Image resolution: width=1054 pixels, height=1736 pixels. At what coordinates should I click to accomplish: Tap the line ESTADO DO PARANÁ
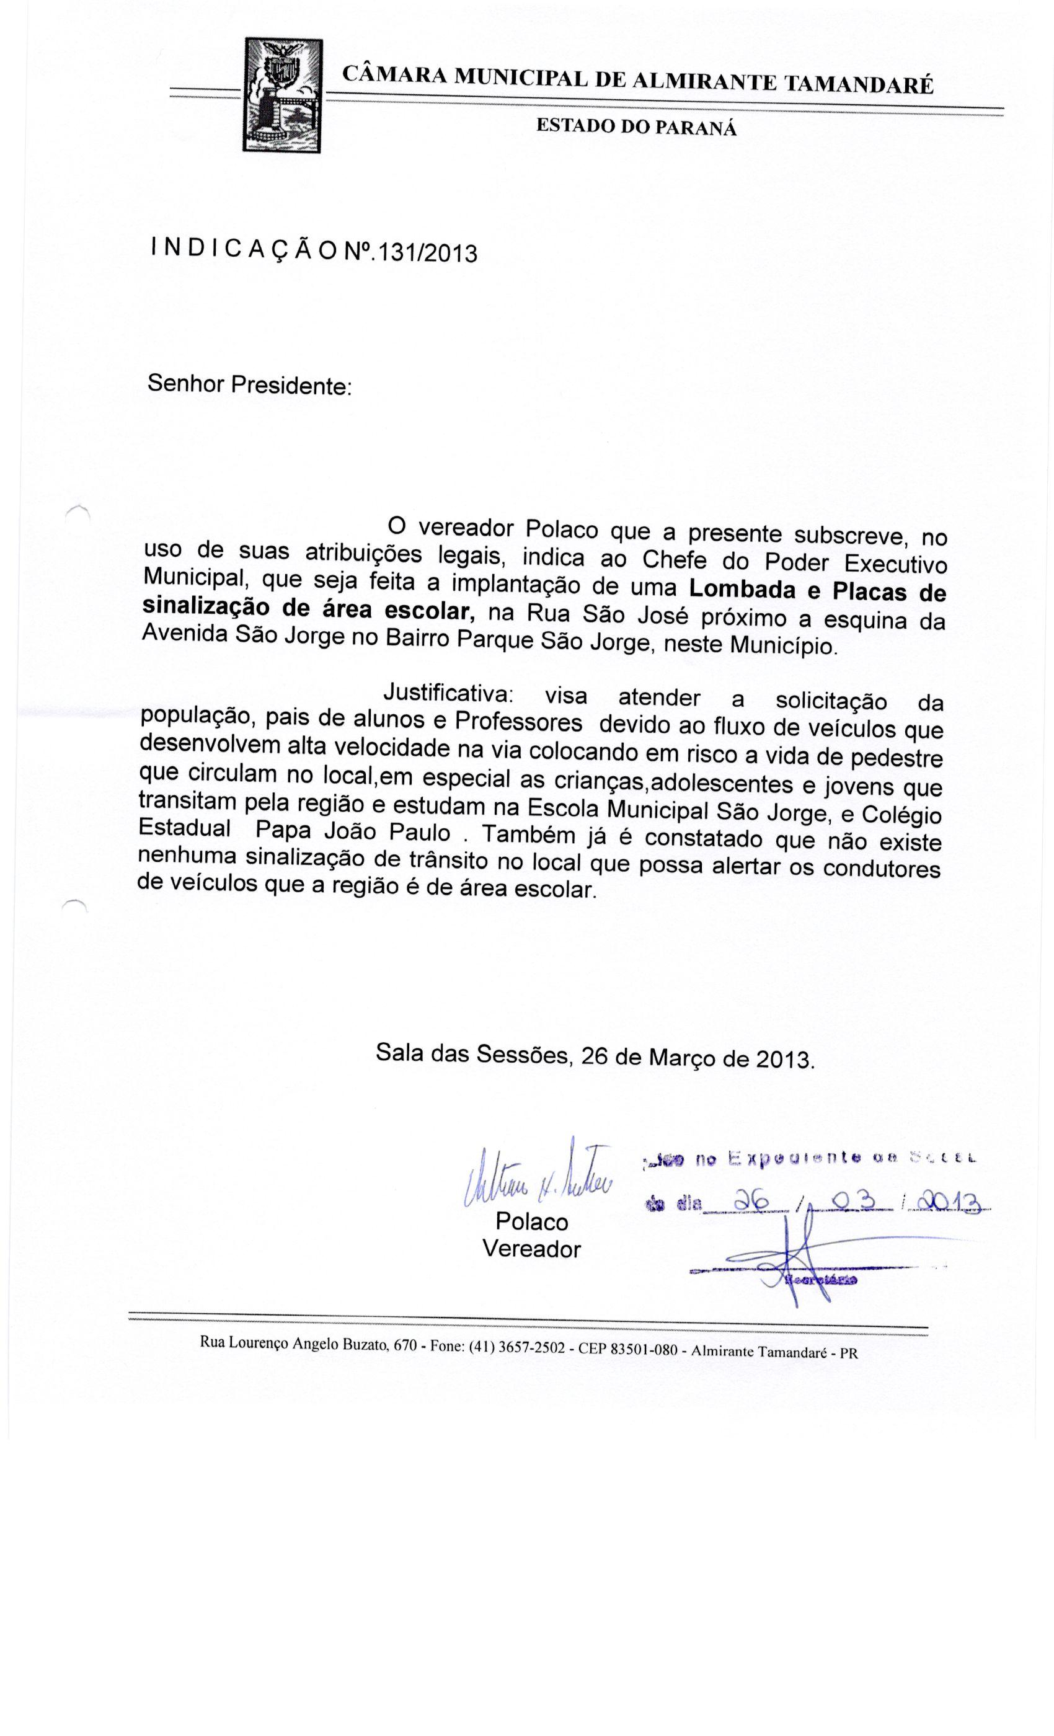[636, 128]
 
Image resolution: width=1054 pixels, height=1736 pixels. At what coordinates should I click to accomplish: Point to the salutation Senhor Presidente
[249, 386]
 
